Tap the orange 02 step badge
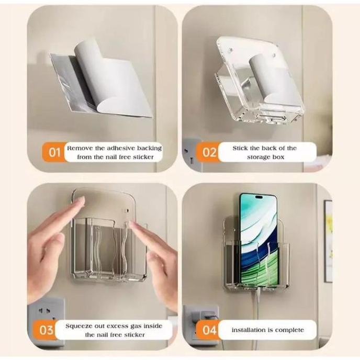[209, 153]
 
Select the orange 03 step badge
[47, 330]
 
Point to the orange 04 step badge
[209, 330]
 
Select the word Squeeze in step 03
[81, 325]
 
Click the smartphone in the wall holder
[257, 241]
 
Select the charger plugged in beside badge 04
[207, 316]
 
